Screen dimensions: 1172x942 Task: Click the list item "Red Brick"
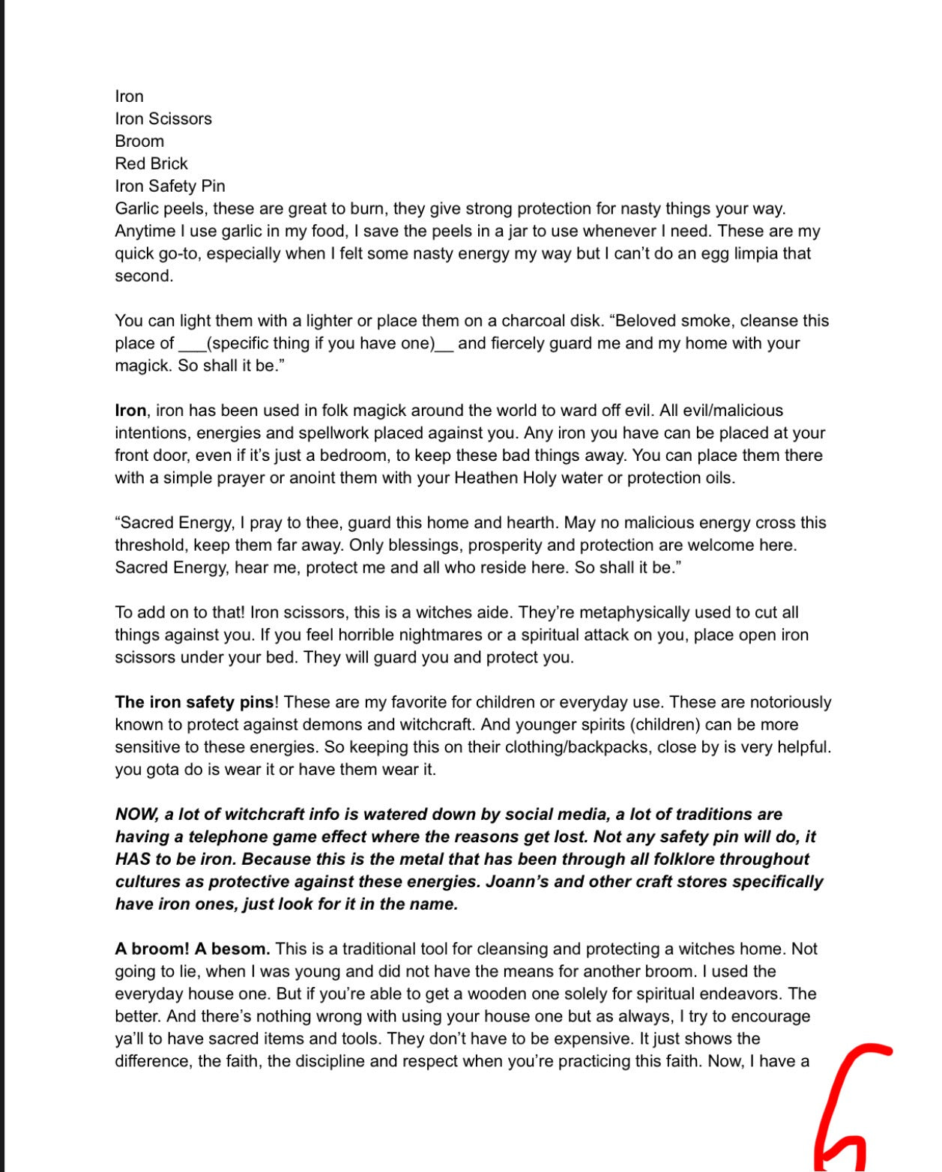(151, 163)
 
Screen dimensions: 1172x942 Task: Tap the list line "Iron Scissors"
(163, 118)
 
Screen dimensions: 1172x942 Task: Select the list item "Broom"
(139, 141)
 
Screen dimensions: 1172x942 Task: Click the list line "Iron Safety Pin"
(169, 186)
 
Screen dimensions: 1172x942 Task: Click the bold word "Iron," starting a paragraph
(131, 411)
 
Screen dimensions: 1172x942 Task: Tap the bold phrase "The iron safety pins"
(195, 702)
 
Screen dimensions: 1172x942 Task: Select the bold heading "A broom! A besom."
(193, 949)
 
